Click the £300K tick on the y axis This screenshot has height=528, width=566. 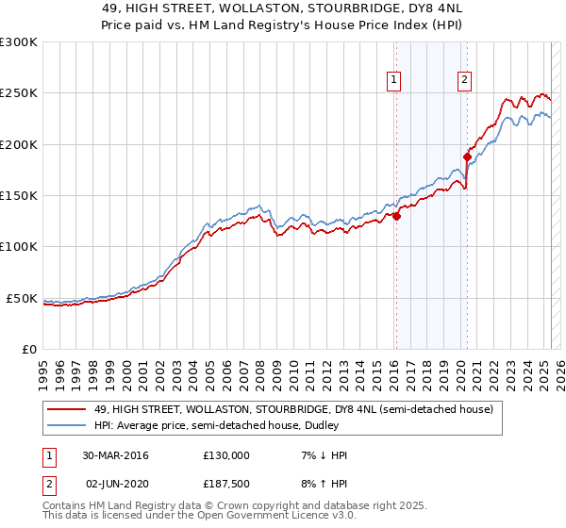[x=19, y=42]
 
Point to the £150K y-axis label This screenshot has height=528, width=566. [x=19, y=196]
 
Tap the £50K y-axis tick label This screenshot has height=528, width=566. [x=22, y=298]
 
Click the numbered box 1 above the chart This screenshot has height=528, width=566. [x=392, y=81]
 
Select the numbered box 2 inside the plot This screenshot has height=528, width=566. [x=465, y=81]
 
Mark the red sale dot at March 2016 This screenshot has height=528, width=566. [x=396, y=216]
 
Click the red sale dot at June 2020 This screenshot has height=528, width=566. [x=467, y=157]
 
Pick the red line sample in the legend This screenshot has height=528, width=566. [x=68, y=410]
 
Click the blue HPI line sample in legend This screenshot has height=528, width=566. [x=68, y=425]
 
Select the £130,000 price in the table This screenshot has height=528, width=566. [x=226, y=455]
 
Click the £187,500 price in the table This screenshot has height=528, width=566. [x=226, y=483]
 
